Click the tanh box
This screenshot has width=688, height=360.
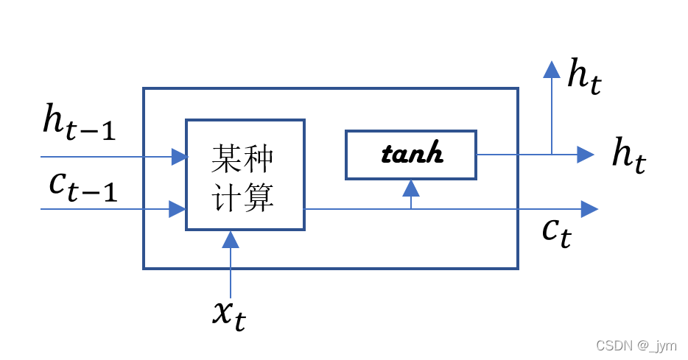click(411, 155)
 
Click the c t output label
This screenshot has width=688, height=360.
click(556, 232)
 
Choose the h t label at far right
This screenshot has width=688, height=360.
click(628, 155)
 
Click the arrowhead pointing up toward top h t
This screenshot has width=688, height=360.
click(551, 70)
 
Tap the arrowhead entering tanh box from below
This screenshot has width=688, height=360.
click(411, 187)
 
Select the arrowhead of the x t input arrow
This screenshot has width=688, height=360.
click(231, 239)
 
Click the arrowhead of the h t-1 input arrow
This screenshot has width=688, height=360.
click(179, 156)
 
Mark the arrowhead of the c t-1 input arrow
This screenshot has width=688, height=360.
click(177, 209)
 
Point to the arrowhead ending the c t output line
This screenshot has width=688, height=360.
click(589, 209)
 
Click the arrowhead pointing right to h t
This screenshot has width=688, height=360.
click(585, 154)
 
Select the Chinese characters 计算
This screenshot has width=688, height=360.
click(244, 197)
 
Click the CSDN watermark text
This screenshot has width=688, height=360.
click(636, 346)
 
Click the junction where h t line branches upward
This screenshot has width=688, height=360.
click(551, 154)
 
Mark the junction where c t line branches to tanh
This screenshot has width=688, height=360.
click(411, 209)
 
